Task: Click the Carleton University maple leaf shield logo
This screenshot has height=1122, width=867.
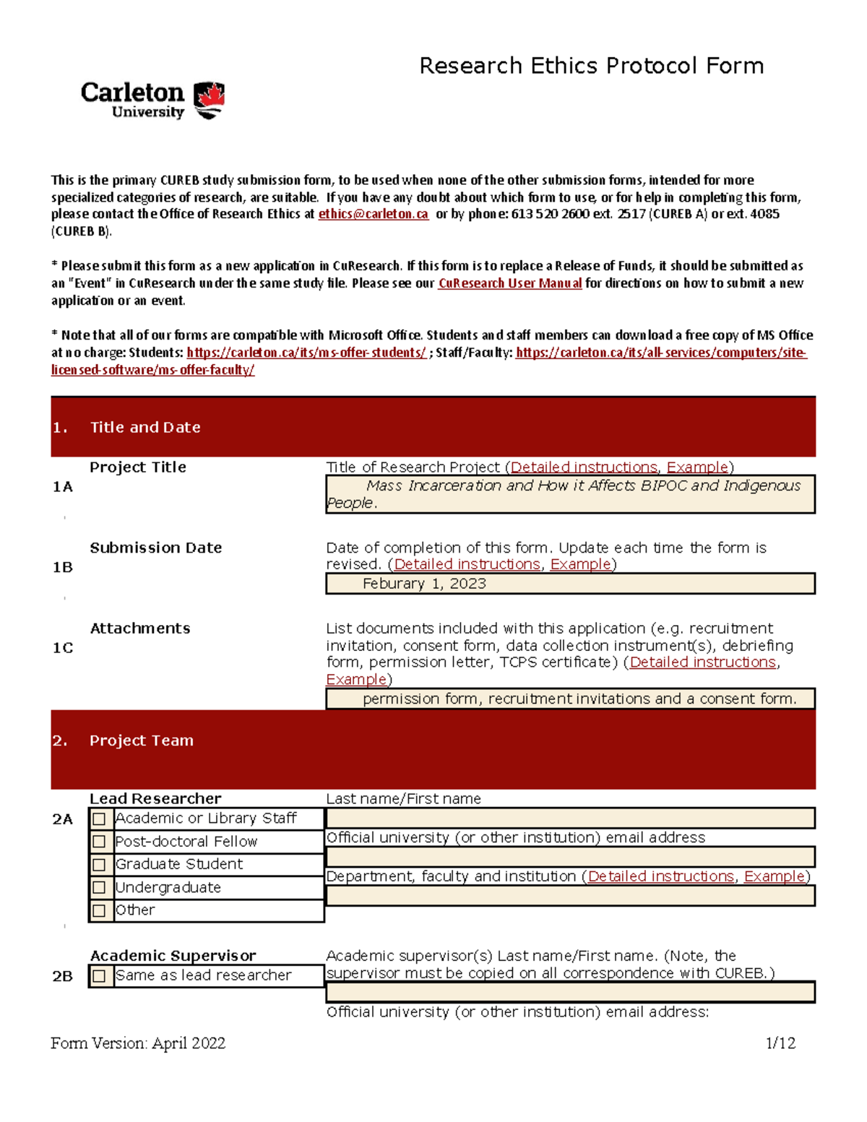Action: (210, 100)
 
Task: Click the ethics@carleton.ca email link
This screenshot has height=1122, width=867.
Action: (373, 214)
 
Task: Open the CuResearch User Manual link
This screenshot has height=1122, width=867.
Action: (509, 283)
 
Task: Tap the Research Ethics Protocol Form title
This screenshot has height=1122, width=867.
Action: (591, 66)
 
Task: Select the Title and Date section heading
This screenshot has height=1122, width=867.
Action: (144, 427)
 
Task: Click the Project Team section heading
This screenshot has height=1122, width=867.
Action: (141, 741)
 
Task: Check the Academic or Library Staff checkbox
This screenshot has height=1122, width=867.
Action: (100, 819)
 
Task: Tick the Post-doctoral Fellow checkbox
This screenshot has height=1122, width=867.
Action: (100, 842)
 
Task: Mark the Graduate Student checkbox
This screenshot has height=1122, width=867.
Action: (100, 865)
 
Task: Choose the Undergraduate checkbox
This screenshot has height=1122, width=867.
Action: (100, 888)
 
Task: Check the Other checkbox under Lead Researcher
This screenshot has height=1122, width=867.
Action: (100, 911)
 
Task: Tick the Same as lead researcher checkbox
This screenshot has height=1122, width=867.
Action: (100, 976)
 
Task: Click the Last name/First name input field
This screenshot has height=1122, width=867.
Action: (570, 818)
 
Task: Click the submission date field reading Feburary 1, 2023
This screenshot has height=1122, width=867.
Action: (570, 584)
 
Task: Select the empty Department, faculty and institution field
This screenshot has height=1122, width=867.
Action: (570, 896)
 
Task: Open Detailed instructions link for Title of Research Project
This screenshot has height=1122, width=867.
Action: (584, 467)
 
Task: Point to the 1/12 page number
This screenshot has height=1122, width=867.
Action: (780, 1043)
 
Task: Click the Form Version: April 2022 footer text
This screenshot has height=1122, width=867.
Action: (138, 1043)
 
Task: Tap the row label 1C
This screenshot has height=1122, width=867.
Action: (63, 648)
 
